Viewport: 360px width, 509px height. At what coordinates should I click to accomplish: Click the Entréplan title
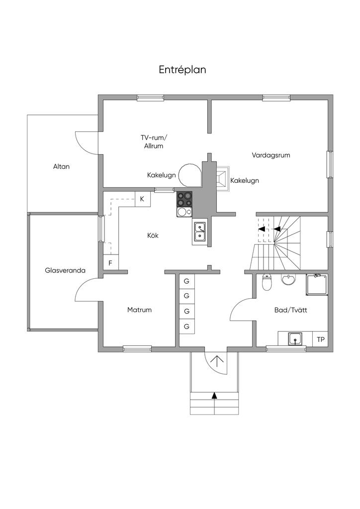[x=182, y=70]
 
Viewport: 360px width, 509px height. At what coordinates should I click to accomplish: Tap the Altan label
[x=61, y=167]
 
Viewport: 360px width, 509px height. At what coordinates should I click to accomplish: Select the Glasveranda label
[x=65, y=271]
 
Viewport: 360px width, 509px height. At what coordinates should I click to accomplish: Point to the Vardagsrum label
[x=270, y=155]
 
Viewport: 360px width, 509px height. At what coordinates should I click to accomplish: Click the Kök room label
[x=153, y=235]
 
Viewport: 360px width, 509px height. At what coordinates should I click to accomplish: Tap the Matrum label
[x=139, y=310]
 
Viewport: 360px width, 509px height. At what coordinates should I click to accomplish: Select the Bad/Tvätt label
[x=291, y=310]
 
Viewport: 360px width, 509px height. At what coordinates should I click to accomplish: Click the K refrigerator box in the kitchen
[x=142, y=199]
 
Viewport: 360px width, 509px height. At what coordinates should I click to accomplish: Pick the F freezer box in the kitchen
[x=110, y=262]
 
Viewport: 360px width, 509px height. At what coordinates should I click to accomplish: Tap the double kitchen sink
[x=200, y=233]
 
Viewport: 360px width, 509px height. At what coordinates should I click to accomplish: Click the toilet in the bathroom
[x=267, y=282]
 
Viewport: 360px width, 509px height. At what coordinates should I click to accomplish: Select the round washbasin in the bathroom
[x=288, y=280]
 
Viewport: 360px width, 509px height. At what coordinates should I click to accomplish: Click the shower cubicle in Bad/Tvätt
[x=316, y=284]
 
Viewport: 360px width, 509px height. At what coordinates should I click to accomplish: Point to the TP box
[x=321, y=339]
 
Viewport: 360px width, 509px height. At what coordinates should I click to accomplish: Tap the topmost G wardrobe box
[x=186, y=281]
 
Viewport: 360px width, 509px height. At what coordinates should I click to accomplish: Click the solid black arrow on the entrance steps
[x=214, y=396]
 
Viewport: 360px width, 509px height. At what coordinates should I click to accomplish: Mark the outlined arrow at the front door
[x=217, y=360]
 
